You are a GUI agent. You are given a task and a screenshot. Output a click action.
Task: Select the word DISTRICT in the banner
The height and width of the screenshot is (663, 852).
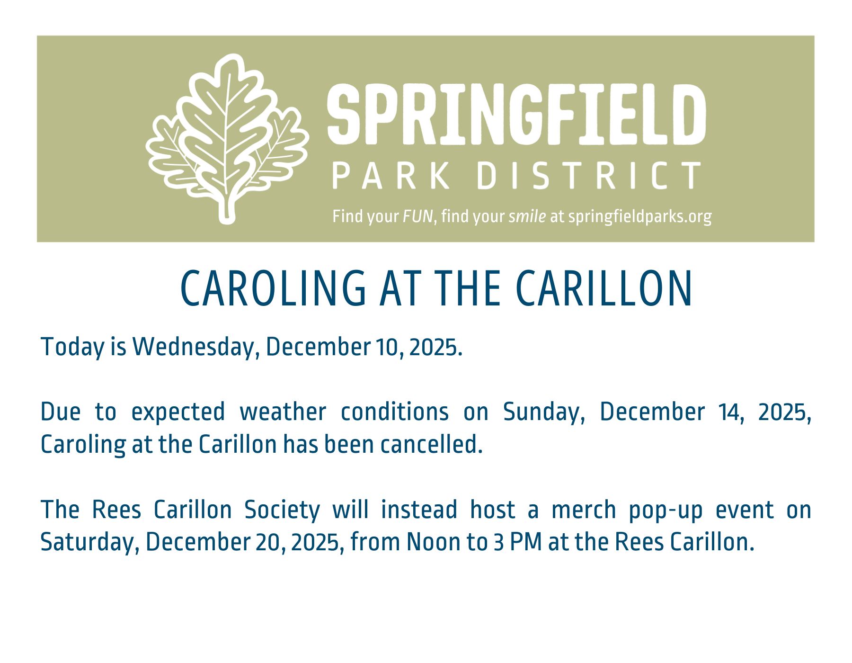589,175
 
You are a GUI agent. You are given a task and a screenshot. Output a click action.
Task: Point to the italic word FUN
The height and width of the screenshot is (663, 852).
417,216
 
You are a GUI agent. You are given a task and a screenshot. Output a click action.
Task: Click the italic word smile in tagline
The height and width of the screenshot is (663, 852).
527,216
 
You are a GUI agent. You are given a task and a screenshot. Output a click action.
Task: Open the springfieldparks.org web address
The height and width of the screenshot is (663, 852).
640,216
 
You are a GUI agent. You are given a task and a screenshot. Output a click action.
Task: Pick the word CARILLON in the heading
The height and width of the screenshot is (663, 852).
604,288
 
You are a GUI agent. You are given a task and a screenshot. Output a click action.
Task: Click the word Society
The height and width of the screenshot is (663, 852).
282,510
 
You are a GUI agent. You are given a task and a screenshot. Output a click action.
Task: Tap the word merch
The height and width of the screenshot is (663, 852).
584,510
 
